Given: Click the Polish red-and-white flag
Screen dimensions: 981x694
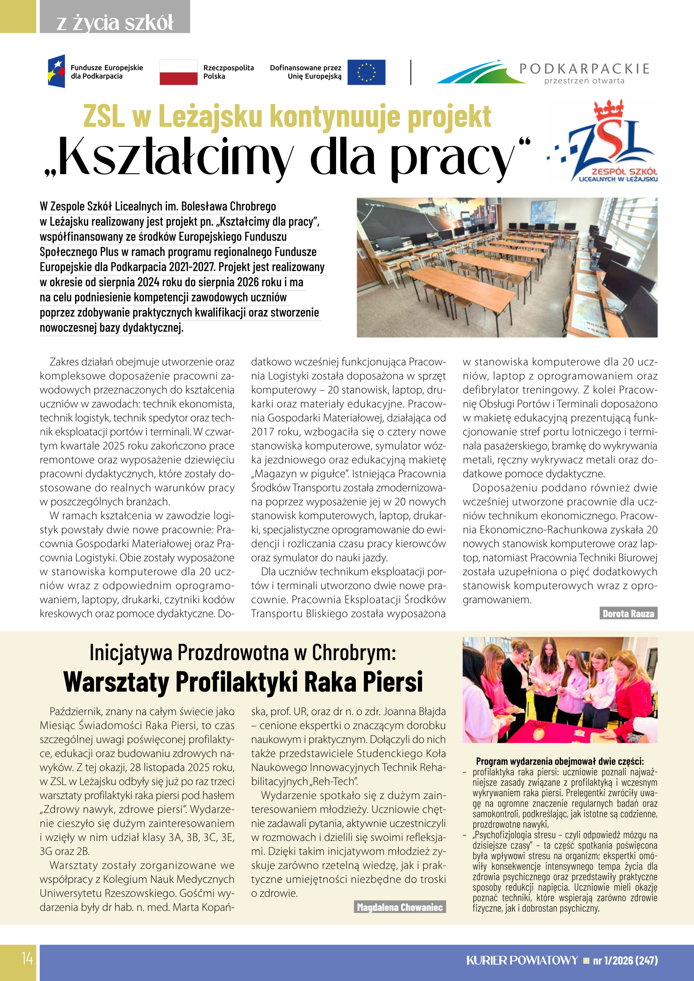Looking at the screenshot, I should click(178, 72).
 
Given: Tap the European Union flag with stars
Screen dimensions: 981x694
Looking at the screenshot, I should click(366, 72).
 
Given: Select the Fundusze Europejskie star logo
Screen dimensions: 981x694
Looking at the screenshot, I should click(57, 71).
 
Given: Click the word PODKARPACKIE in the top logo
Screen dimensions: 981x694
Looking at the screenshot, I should click(584, 68).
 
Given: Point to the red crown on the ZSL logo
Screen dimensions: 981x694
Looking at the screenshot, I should click(608, 109).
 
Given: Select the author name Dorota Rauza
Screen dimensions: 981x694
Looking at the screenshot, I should click(628, 614).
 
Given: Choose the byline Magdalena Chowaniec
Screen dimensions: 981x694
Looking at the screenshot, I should click(399, 907).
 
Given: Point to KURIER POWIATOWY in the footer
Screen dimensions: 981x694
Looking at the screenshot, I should click(522, 960).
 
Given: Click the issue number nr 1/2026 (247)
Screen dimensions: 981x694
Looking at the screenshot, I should click(625, 960).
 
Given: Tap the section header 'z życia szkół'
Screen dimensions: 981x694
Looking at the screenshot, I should click(115, 23).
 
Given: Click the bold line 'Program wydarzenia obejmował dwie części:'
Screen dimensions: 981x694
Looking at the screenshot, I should click(559, 761).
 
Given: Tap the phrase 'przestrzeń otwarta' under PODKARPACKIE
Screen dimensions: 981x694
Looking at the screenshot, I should click(584, 81).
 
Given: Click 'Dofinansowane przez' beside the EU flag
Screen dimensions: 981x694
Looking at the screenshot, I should click(305, 68).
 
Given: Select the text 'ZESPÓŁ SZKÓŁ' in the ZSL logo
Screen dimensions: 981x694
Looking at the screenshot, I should click(624, 172).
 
